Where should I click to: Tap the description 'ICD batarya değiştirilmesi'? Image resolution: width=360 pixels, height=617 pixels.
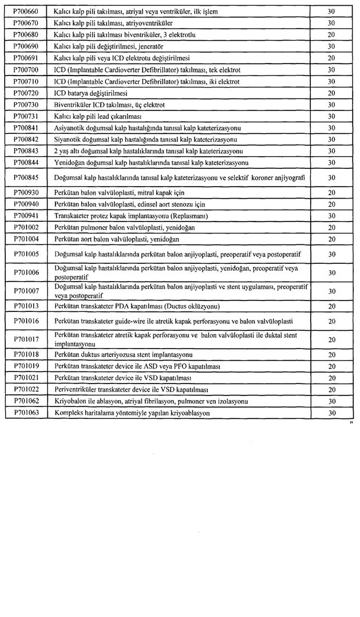(x=90, y=93)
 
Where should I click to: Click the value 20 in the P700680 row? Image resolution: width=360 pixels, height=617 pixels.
(x=331, y=35)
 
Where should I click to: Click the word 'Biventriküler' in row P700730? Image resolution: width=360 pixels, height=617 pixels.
(x=73, y=105)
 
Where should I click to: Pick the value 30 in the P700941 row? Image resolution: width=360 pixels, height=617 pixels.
(x=331, y=216)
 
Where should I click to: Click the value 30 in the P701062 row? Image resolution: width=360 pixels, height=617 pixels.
(x=331, y=401)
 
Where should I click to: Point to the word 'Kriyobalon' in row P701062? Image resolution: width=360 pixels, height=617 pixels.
(x=70, y=401)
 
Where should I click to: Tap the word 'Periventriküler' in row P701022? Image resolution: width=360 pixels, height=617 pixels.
(x=75, y=389)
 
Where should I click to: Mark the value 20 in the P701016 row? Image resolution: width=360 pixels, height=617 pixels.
(x=331, y=321)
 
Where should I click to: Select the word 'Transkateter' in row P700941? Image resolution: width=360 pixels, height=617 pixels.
(x=73, y=216)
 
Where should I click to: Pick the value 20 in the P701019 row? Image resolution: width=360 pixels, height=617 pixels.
(x=331, y=366)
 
